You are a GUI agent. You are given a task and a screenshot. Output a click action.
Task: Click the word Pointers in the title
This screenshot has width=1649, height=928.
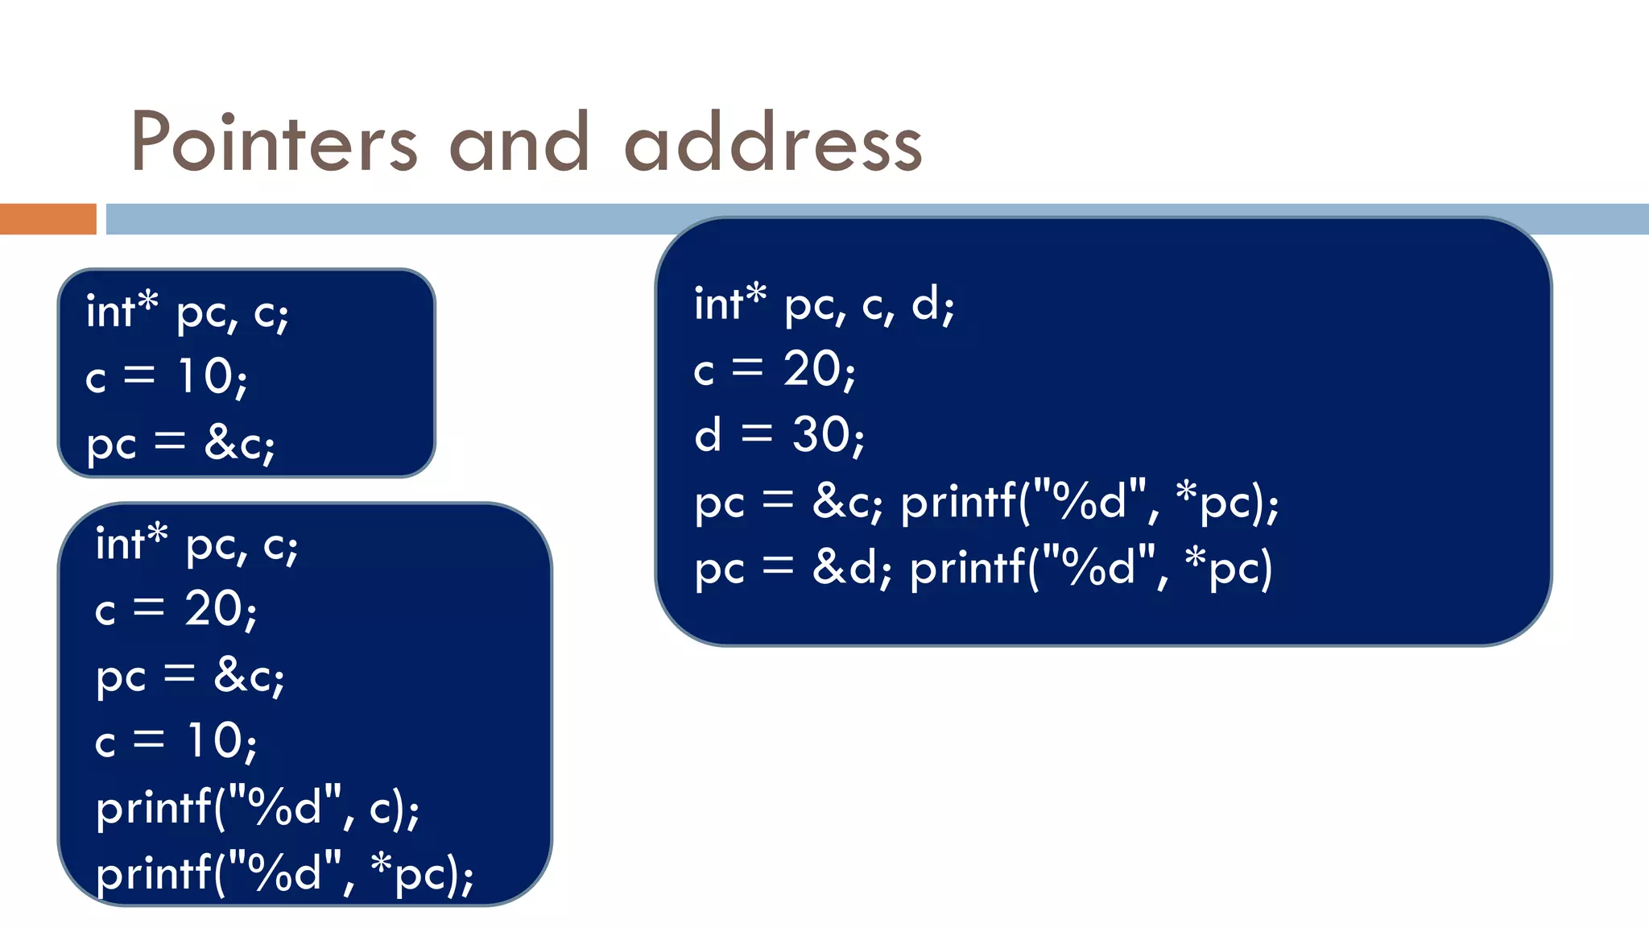(274, 143)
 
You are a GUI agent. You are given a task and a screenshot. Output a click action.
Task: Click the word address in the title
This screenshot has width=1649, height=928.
(773, 143)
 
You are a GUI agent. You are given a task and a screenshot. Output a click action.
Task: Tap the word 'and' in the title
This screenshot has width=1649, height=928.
(519, 143)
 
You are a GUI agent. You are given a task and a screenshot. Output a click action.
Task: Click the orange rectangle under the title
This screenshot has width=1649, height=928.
(48, 219)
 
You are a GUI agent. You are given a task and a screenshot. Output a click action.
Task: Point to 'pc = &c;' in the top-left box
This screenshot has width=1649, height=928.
(180, 444)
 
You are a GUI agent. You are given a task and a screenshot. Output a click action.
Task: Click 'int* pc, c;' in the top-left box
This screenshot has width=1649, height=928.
(187, 312)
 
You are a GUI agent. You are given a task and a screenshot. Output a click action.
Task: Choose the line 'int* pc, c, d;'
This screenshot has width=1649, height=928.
(824, 304)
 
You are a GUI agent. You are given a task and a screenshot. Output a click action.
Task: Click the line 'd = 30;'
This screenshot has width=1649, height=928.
(779, 436)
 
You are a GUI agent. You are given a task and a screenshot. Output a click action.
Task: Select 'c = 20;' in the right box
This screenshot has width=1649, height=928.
(775, 371)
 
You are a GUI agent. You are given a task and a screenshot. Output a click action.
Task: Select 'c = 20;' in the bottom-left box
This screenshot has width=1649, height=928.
(176, 609)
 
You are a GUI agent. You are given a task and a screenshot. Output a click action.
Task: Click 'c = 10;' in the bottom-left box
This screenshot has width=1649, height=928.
(176, 741)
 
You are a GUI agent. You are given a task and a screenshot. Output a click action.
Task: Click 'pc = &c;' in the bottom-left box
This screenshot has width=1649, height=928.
(190, 676)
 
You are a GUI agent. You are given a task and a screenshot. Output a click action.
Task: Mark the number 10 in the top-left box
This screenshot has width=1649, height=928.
(206, 376)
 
